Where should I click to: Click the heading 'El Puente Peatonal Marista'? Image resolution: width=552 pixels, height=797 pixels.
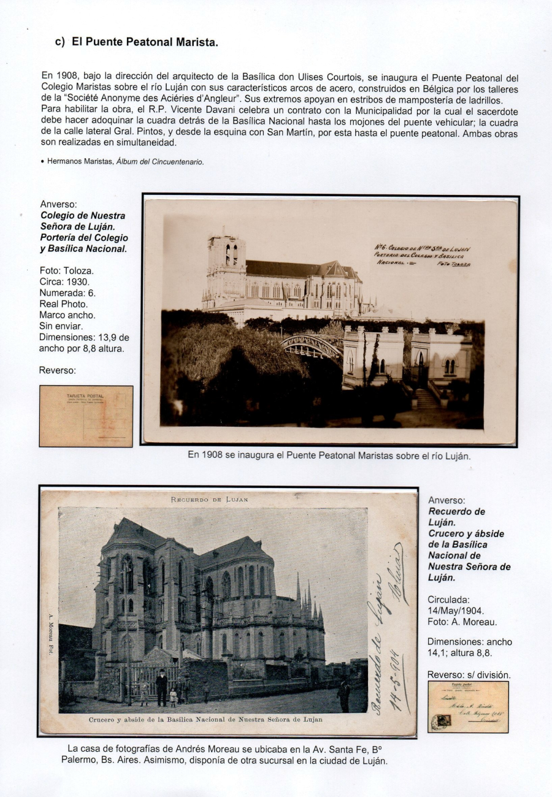pyautogui.click(x=145, y=42)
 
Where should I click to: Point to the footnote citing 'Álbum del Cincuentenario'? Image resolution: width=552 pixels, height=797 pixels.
pyautogui.click(x=125, y=162)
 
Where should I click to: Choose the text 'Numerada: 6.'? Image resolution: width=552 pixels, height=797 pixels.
pyautogui.click(x=67, y=293)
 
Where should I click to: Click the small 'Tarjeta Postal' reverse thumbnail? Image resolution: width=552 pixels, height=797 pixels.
pyautogui.click(x=86, y=416)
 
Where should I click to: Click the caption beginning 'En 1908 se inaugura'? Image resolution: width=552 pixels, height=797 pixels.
pyautogui.click(x=329, y=456)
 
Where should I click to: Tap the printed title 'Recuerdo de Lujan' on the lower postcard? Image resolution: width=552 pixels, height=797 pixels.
pyautogui.click(x=209, y=500)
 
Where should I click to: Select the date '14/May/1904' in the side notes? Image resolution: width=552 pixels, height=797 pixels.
pyautogui.click(x=456, y=611)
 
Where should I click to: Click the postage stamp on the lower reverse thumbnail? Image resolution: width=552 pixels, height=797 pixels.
pyautogui.click(x=438, y=722)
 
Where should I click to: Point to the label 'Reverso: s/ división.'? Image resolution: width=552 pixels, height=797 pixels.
pyautogui.click(x=468, y=674)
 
